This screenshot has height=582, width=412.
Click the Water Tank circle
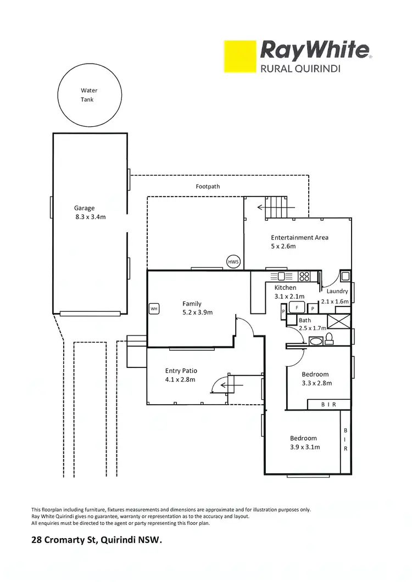(x=89, y=95)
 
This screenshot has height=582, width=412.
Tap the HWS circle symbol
(x=233, y=262)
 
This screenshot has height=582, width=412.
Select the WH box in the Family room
(x=154, y=309)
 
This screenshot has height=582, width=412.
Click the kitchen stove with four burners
(x=304, y=277)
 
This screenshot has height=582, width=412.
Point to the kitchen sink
(x=281, y=276)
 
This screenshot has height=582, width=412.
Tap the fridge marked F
(x=297, y=308)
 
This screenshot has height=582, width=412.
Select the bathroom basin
(x=316, y=341)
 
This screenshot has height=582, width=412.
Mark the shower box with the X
(x=338, y=321)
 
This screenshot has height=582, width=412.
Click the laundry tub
(x=345, y=276)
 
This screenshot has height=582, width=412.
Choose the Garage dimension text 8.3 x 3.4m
(x=91, y=217)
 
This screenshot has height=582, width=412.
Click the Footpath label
(x=208, y=187)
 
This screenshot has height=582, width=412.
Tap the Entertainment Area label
(x=299, y=238)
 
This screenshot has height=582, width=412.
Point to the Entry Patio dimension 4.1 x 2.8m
(x=180, y=379)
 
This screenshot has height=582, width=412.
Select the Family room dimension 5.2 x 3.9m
(x=197, y=312)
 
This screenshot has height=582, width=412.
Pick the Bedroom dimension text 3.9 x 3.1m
(x=305, y=447)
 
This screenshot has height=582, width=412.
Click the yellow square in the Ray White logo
(x=240, y=56)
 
